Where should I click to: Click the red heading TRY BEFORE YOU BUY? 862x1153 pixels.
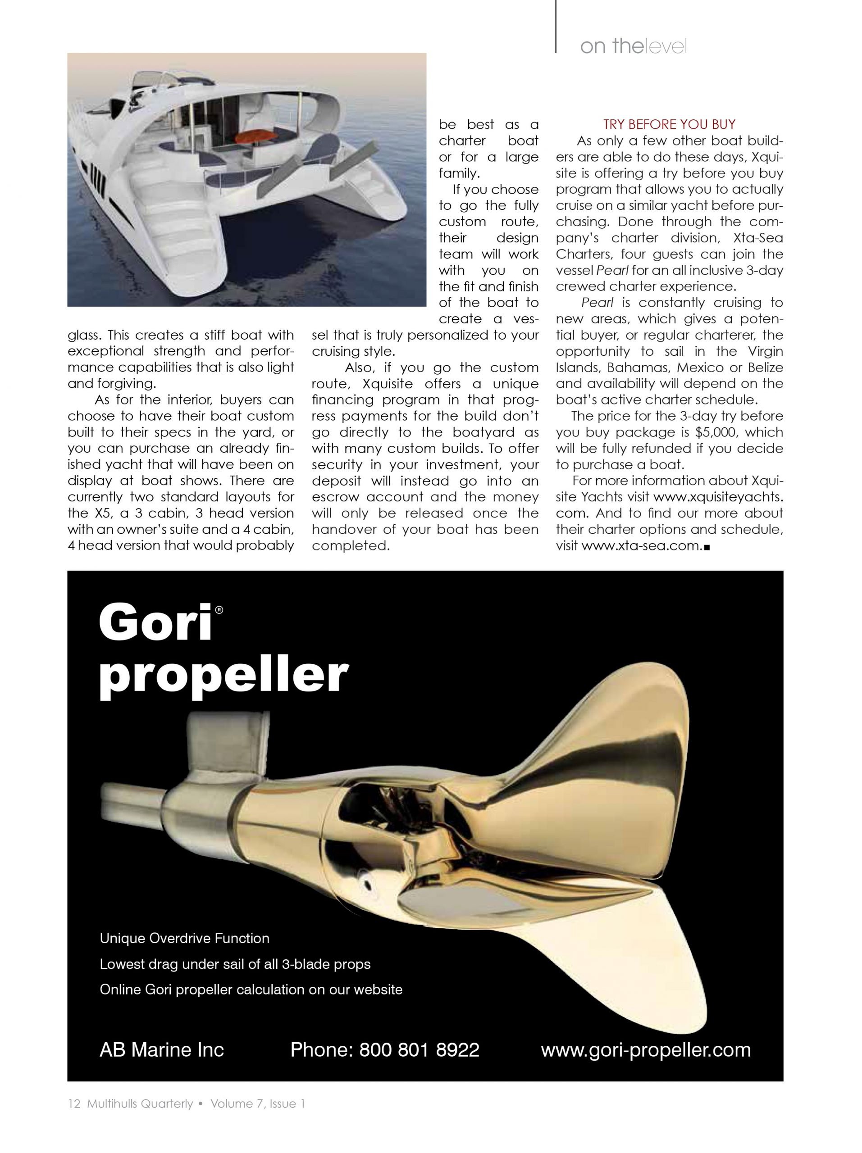[x=669, y=124]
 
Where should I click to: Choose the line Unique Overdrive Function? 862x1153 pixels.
[x=185, y=938]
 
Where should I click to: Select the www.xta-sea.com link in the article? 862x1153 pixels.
[x=640, y=546]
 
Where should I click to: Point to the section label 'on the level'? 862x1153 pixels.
[x=633, y=47]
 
